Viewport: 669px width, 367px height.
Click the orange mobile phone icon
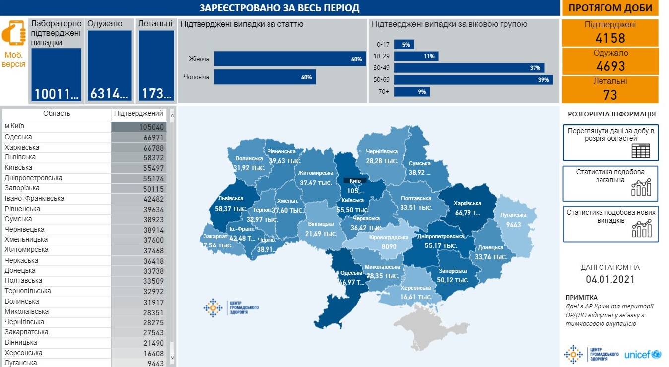click(13, 33)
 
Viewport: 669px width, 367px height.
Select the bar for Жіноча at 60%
click(290, 59)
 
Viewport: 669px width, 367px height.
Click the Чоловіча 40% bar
click(265, 77)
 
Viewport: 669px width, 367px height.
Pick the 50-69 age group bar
click(473, 80)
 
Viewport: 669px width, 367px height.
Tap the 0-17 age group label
click(383, 44)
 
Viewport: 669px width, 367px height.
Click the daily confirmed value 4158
click(610, 38)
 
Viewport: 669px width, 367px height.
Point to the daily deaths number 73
click(610, 94)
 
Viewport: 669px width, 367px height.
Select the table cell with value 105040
click(138, 127)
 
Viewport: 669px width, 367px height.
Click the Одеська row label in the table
click(18, 137)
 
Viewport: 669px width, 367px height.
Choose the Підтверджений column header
click(138, 113)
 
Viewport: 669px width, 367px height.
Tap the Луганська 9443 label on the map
click(516, 220)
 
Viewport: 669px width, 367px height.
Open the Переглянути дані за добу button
click(610, 142)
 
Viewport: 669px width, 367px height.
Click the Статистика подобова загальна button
click(610, 183)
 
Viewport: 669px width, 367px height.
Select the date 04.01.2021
click(610, 279)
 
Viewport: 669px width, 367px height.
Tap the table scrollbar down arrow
click(172, 357)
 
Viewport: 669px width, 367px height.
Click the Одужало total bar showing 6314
click(110, 66)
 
